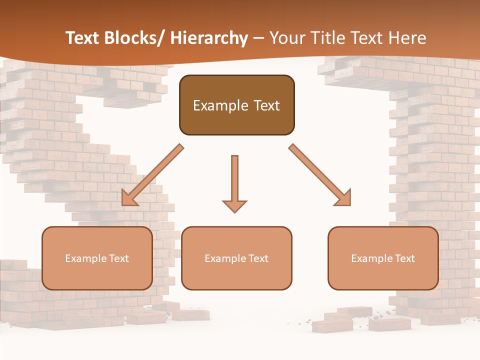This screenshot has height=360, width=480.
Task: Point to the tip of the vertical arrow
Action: (234, 211)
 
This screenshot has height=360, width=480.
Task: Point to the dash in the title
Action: (258, 38)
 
